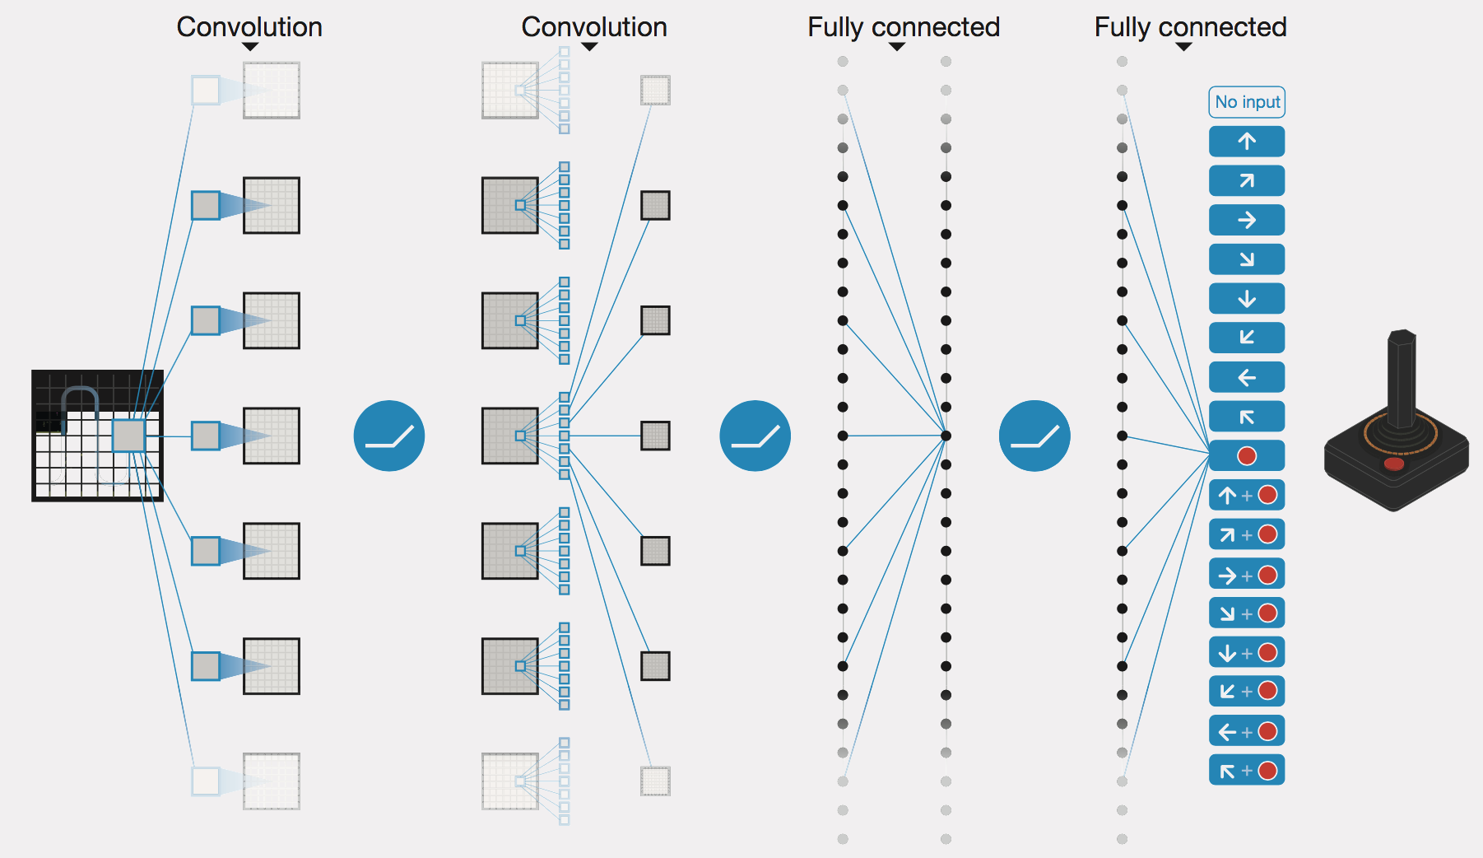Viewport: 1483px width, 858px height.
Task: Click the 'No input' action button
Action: coord(1247,102)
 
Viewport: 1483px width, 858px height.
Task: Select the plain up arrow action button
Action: coord(1247,142)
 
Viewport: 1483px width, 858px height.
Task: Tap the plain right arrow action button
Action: coord(1247,220)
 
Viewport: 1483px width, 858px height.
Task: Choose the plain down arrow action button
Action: coord(1247,299)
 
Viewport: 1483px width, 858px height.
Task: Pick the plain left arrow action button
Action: coord(1247,377)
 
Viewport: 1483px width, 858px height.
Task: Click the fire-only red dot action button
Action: coord(1247,455)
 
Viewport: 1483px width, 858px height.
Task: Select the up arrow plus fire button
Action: coord(1247,495)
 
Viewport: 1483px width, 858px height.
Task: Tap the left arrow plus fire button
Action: coord(1247,731)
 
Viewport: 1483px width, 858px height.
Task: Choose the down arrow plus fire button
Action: coord(1247,652)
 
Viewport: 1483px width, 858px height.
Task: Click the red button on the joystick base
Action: coord(1394,464)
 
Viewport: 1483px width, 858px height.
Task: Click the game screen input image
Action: coord(97,436)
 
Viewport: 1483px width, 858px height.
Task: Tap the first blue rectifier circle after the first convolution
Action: coord(389,436)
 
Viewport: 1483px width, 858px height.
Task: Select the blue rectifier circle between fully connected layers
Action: coord(1034,436)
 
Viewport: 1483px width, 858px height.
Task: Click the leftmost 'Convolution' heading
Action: coord(249,27)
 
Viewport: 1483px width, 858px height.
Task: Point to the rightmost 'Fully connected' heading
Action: coord(1190,27)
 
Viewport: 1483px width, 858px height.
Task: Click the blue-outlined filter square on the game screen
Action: coord(128,436)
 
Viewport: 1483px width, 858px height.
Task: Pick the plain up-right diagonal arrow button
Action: coord(1247,181)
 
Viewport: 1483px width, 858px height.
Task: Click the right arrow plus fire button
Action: coord(1247,574)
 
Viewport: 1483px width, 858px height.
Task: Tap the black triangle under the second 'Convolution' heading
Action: coord(589,47)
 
